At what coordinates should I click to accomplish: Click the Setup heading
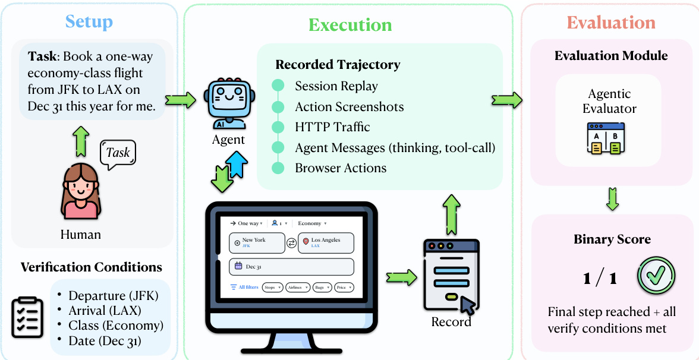[x=89, y=23]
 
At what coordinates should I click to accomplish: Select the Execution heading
[x=350, y=25]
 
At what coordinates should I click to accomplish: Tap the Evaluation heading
[x=610, y=23]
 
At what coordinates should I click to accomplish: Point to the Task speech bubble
[x=118, y=153]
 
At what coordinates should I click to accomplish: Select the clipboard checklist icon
[x=27, y=317]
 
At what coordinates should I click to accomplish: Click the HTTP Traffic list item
[x=332, y=127]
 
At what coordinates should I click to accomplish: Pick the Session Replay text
[x=336, y=86]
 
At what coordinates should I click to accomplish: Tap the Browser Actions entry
[x=341, y=168]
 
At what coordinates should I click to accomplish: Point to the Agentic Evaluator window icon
[x=606, y=139]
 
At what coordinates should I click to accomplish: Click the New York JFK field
[x=256, y=242]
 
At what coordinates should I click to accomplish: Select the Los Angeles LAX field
[x=326, y=242]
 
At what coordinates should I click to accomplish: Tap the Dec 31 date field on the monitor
[x=291, y=267]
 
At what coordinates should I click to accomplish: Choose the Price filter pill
[x=344, y=288]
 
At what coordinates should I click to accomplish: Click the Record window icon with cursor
[x=450, y=276]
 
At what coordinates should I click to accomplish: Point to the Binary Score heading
[x=612, y=240]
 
